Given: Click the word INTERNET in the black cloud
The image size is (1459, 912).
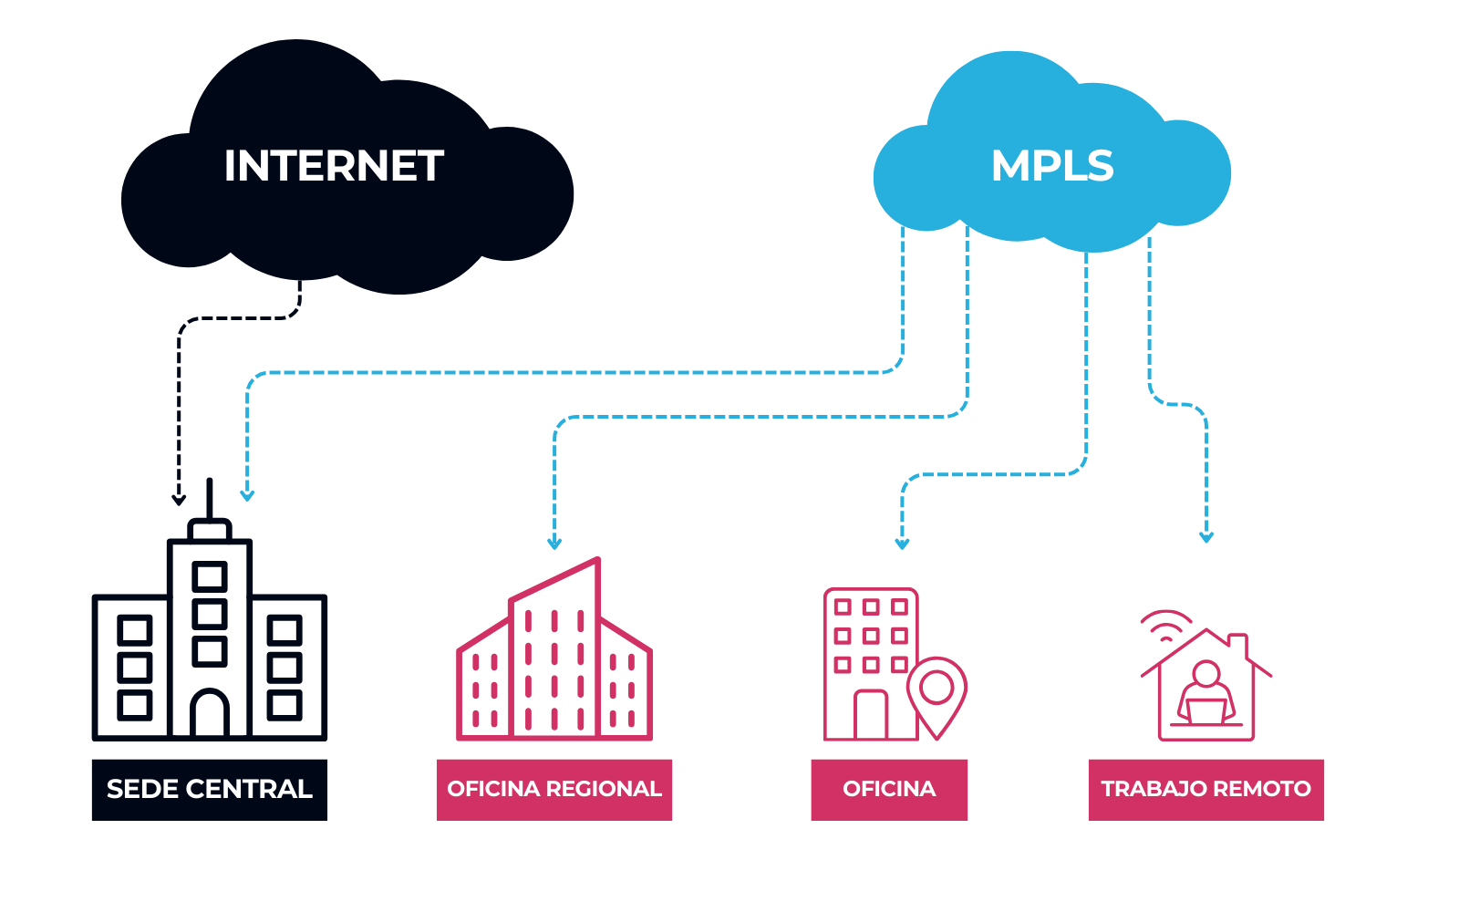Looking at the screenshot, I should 334,166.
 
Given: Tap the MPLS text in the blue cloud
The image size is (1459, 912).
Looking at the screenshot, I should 1052,166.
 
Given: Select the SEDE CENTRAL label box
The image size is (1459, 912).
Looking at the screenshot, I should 210,790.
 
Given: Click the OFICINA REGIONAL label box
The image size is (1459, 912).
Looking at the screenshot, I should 554,790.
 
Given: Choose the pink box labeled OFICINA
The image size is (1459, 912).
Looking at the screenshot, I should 889,790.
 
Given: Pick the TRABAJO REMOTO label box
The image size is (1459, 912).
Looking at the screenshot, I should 1205,790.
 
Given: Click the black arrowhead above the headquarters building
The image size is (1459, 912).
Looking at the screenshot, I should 180,499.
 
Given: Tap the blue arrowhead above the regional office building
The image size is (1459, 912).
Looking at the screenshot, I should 554,544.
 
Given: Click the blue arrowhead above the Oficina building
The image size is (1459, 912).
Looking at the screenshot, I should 902,544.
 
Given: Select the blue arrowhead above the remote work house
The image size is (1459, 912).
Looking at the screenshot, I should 1206,537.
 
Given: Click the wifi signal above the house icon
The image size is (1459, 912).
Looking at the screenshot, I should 1165,624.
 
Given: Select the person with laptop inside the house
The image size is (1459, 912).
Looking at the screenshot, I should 1205,693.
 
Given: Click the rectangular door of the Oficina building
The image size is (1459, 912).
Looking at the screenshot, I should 871,715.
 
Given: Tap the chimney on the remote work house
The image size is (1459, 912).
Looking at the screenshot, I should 1238,643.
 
